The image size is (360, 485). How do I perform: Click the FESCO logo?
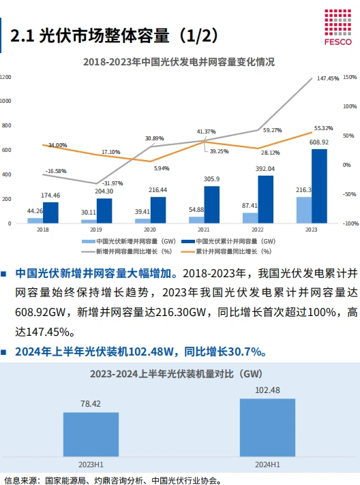pos(337,27)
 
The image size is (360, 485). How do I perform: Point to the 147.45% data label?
pos(328,79)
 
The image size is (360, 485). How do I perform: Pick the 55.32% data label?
pos(323,128)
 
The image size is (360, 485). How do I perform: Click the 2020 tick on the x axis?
pos(150,230)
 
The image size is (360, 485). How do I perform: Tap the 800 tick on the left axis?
pos(6,125)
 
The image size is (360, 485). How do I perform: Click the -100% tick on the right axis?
pos(349,223)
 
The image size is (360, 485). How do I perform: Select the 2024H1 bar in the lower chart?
pos(267,426)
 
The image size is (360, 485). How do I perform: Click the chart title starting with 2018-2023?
pos(179,61)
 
